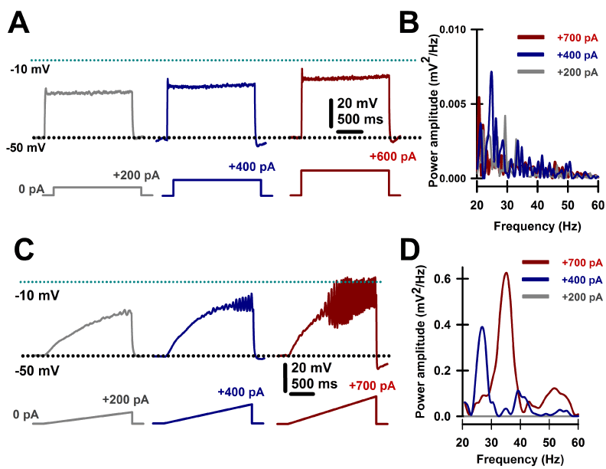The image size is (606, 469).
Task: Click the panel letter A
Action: [x=20, y=24]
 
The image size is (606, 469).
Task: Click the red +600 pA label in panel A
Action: [x=392, y=156]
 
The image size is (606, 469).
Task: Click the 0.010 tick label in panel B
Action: [x=452, y=30]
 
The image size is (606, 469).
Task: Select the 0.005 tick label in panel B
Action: [x=452, y=103]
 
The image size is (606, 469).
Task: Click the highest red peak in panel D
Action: [x=506, y=273]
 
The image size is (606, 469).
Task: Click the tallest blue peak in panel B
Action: [x=491, y=72]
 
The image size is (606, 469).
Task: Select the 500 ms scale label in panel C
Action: [x=316, y=383]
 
